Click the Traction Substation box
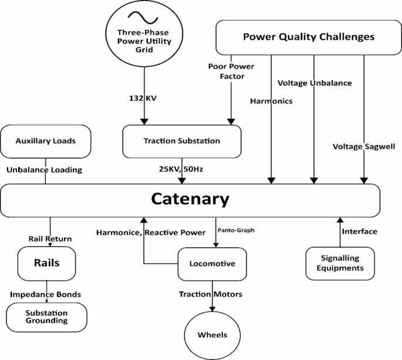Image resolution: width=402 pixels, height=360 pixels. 181,142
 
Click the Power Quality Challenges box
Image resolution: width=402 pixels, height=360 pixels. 308,37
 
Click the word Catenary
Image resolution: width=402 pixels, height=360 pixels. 190,199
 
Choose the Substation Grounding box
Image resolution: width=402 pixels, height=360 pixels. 46,317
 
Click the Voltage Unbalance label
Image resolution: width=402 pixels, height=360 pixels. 315,83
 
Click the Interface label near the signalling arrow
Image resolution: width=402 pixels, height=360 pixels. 360,231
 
